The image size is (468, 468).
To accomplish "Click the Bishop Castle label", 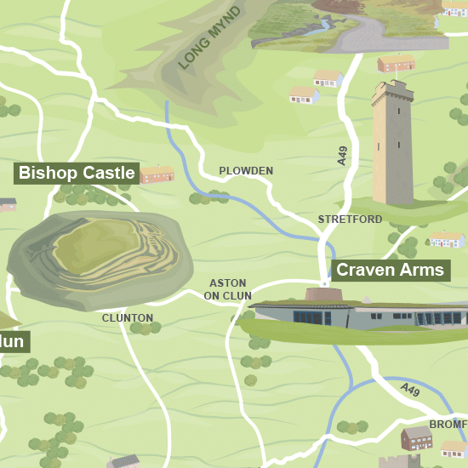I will point(77,174).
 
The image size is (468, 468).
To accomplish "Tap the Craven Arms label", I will point(390,271).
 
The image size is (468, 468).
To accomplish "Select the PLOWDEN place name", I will point(246,171).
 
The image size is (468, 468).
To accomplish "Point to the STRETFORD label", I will point(350,220).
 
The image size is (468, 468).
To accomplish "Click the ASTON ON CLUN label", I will point(227,289).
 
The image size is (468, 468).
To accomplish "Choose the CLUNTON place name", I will point(128,318).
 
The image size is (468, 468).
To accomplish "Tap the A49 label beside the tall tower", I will point(343,156).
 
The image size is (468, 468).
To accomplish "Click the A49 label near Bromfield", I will point(410,390).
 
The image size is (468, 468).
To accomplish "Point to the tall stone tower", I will point(392,145).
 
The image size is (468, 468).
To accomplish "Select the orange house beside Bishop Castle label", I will point(156,174).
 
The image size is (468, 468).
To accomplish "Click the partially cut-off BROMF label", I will point(448,424).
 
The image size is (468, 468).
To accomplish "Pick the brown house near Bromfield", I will point(416,438).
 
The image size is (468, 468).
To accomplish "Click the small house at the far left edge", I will point(7,204).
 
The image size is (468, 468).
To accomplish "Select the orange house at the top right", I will point(397,62).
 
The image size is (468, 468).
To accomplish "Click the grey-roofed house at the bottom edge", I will point(124,461).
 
